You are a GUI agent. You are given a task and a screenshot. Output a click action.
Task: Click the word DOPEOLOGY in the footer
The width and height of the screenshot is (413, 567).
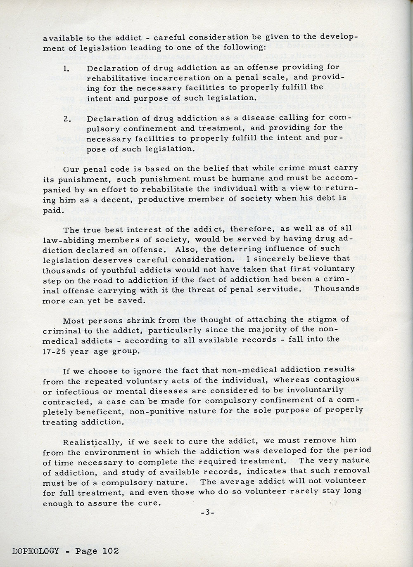[x=29, y=551]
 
